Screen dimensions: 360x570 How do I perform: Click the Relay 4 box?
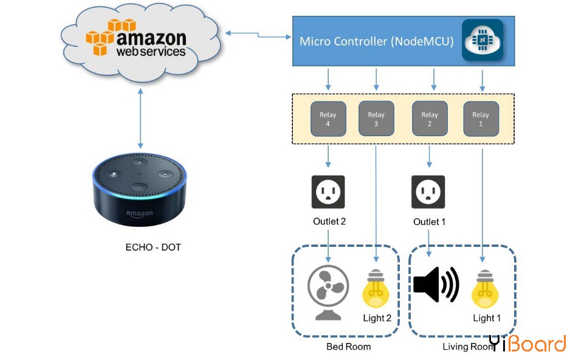tap(328, 119)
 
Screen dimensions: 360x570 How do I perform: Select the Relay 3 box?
tap(376, 119)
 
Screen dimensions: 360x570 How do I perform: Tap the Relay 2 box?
tap(430, 119)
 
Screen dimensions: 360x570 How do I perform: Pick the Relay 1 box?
tap(481, 119)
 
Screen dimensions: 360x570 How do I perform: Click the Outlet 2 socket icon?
tap(328, 192)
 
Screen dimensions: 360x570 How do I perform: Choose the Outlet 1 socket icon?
tap(428, 192)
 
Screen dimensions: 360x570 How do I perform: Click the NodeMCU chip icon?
tap(482, 40)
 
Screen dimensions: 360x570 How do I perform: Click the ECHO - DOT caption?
tap(153, 247)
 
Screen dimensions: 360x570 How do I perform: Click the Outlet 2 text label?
tap(329, 221)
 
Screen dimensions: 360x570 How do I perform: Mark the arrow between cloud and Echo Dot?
tap(140, 119)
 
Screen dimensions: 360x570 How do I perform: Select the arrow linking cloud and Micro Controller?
tap(258, 35)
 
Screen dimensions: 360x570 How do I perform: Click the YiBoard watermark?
tap(528, 344)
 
